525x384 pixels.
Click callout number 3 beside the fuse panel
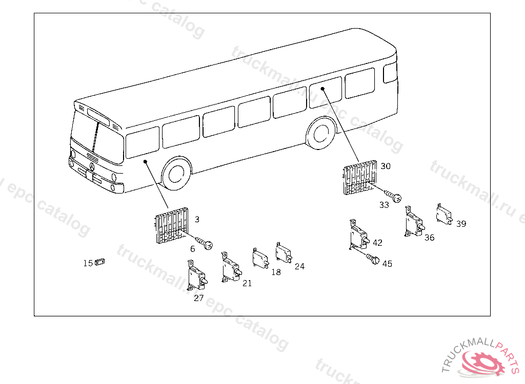197,219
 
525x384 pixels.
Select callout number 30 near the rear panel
385,166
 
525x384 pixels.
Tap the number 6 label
192,249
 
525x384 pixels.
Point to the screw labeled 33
394,196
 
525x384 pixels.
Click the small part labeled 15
100,262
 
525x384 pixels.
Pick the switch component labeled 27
196,275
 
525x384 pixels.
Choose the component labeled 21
229,268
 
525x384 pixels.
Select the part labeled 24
283,252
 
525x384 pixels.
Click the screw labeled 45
373,259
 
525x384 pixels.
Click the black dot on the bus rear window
323,89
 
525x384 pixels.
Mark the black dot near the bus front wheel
146,162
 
